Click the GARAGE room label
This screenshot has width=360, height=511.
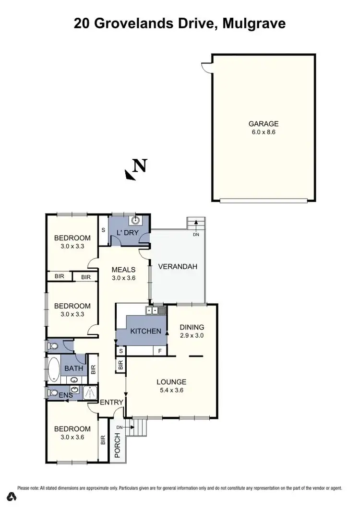264,123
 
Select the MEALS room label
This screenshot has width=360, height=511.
123,270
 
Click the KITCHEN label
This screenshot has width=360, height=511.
145,331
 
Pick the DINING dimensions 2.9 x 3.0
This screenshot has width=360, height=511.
192,336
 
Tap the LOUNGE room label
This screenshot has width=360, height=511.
171,382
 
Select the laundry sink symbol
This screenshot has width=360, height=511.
136,221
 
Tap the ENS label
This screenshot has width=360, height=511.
66,394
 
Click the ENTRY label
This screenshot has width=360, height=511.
112,402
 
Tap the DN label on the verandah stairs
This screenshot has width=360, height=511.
196,235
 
